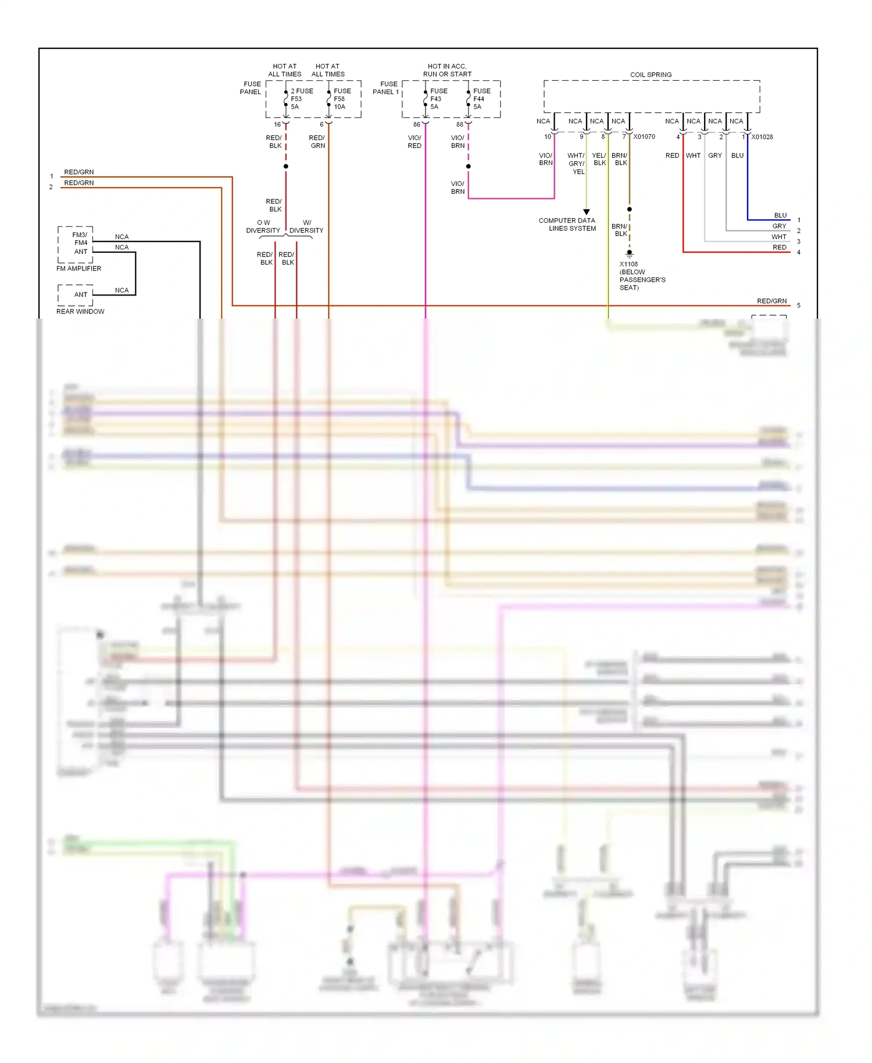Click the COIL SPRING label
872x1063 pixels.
point(651,74)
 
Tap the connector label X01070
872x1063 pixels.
point(644,137)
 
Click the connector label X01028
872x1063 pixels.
point(762,137)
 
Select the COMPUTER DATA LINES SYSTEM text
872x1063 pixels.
point(567,224)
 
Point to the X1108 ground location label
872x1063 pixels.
point(642,276)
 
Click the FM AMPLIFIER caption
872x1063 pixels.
point(78,269)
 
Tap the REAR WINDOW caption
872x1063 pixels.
point(80,312)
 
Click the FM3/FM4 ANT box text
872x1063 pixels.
point(80,243)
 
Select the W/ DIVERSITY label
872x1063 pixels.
point(306,227)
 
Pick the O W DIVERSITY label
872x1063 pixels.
point(263,227)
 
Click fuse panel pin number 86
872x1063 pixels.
point(416,124)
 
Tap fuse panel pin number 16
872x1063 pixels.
point(277,124)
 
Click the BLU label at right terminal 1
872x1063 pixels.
point(780,215)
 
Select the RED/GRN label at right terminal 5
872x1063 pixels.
point(771,301)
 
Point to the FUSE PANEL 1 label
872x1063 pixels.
point(386,88)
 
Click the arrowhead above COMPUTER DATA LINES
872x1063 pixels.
point(586,212)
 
